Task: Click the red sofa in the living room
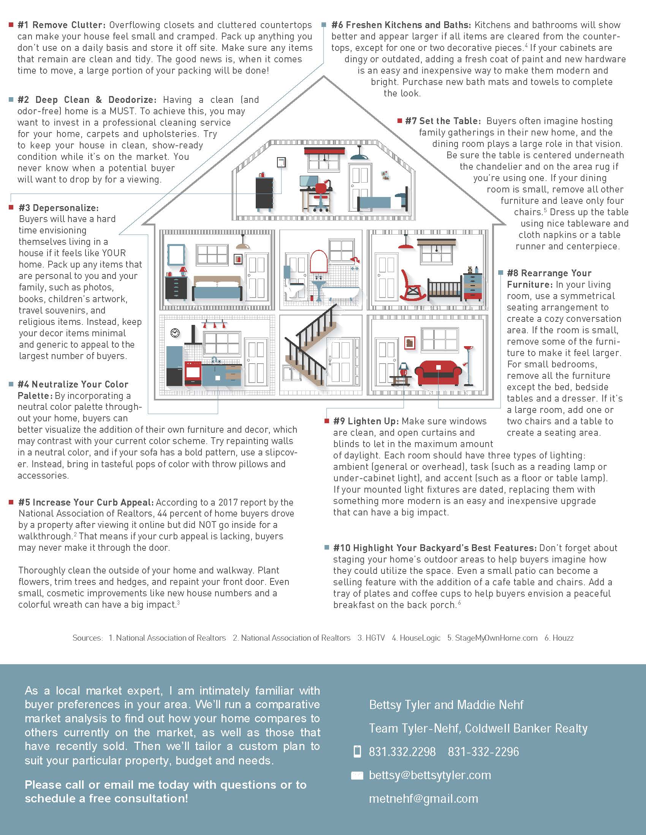coord(438,372)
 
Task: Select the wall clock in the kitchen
coord(175,332)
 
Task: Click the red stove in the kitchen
coord(193,373)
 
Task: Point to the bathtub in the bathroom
coord(340,293)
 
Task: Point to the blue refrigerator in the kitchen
coord(175,365)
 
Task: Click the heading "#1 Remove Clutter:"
coord(61,25)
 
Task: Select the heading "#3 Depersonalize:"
coord(59,208)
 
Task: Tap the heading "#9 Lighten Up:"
coord(366,421)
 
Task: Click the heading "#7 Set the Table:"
coord(443,121)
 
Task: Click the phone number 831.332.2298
coord(402,751)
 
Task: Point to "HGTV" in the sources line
coord(375,638)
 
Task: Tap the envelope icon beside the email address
coord(357,775)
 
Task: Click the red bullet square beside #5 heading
coord(11,503)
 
